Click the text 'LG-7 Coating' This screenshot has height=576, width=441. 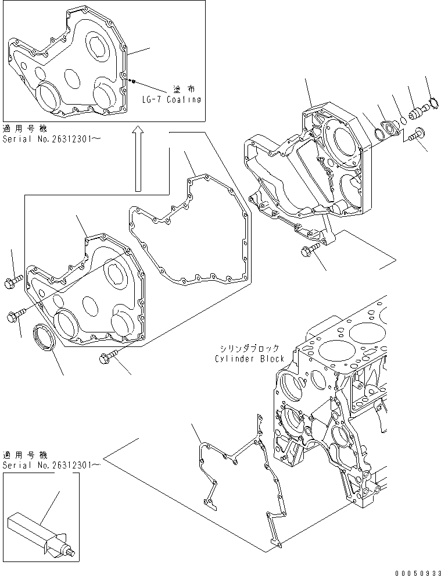click(x=172, y=99)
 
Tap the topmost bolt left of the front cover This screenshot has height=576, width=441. click(x=14, y=283)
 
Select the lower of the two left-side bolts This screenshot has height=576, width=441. click(x=15, y=315)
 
